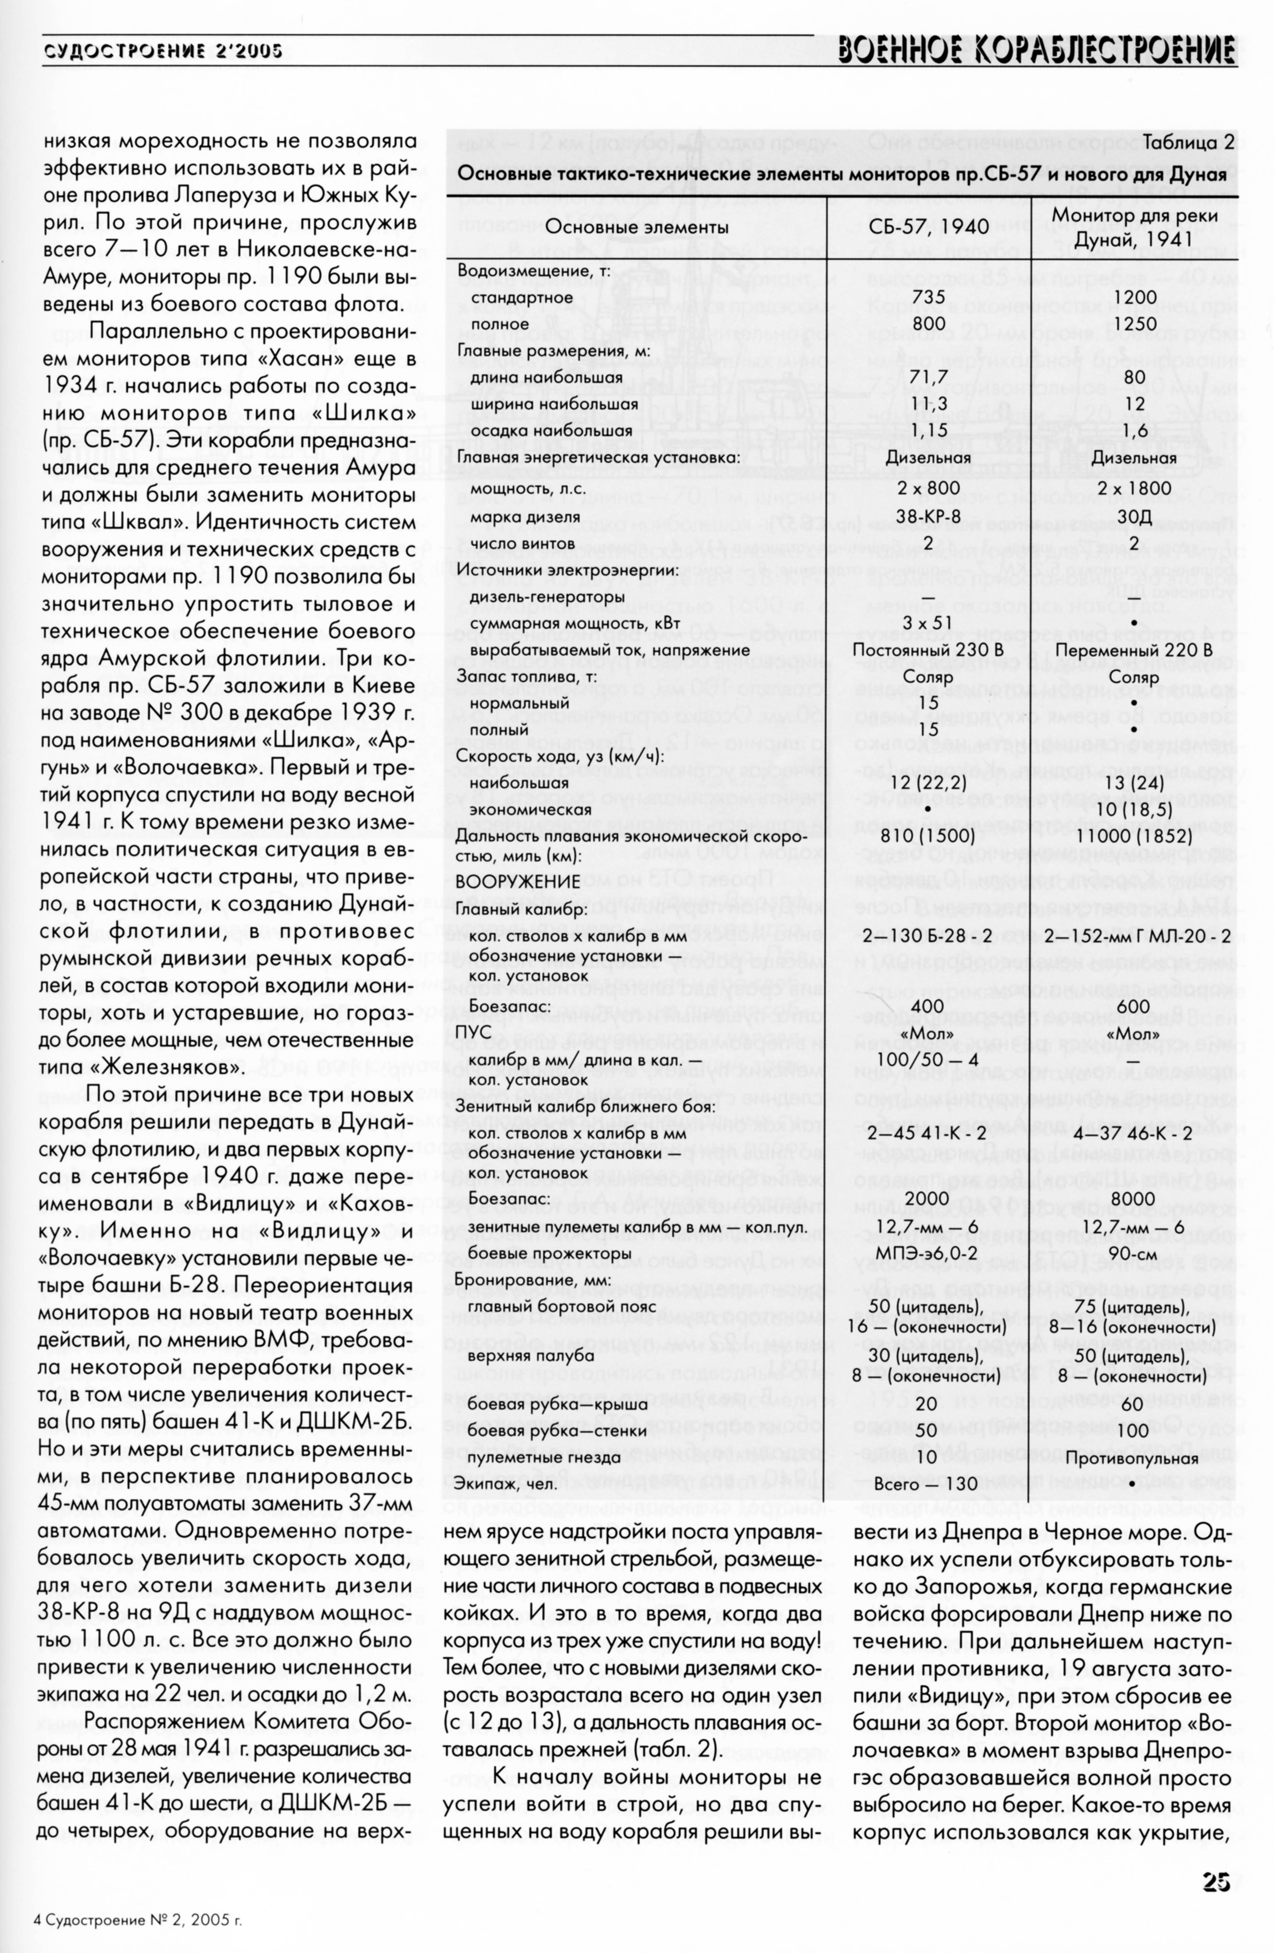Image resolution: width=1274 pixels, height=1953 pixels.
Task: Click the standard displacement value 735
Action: [929, 297]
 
